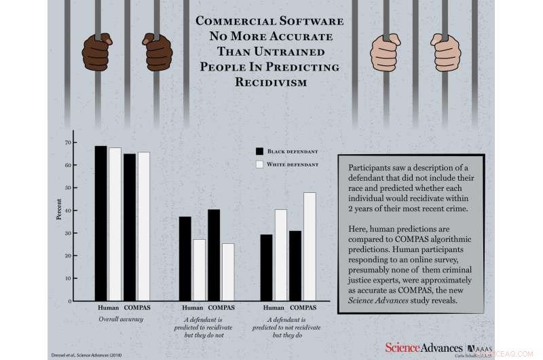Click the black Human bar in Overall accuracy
click(100, 223)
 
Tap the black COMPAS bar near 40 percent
click(213, 255)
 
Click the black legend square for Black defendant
click(259, 151)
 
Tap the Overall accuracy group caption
click(121, 318)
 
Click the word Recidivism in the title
click(271, 82)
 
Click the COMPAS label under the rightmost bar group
click(303, 308)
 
